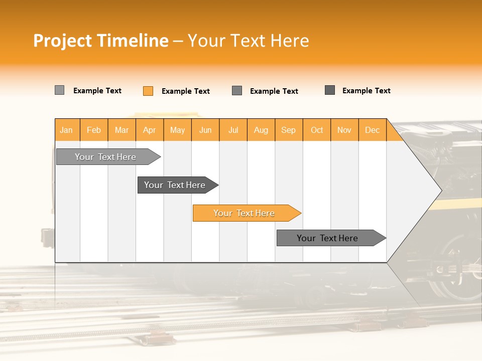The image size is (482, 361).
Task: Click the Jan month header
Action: tap(67, 130)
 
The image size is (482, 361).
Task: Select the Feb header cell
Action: tap(94, 130)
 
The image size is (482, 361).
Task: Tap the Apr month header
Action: tap(150, 130)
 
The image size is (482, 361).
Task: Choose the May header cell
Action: tap(177, 130)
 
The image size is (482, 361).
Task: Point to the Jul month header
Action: tap(233, 130)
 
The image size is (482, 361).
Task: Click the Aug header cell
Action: tap(261, 130)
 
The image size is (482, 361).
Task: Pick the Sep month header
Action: tap(289, 130)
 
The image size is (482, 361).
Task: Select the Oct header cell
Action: tap(317, 130)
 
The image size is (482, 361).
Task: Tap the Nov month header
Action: tap(344, 130)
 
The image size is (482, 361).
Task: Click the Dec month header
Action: tap(373, 130)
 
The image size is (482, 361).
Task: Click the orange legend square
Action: tap(148, 91)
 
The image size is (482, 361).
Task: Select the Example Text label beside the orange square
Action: tap(186, 91)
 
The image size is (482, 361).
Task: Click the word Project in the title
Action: tap(63, 41)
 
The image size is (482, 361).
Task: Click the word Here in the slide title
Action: tap(290, 41)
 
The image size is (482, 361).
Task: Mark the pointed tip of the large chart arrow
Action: tap(441, 190)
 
